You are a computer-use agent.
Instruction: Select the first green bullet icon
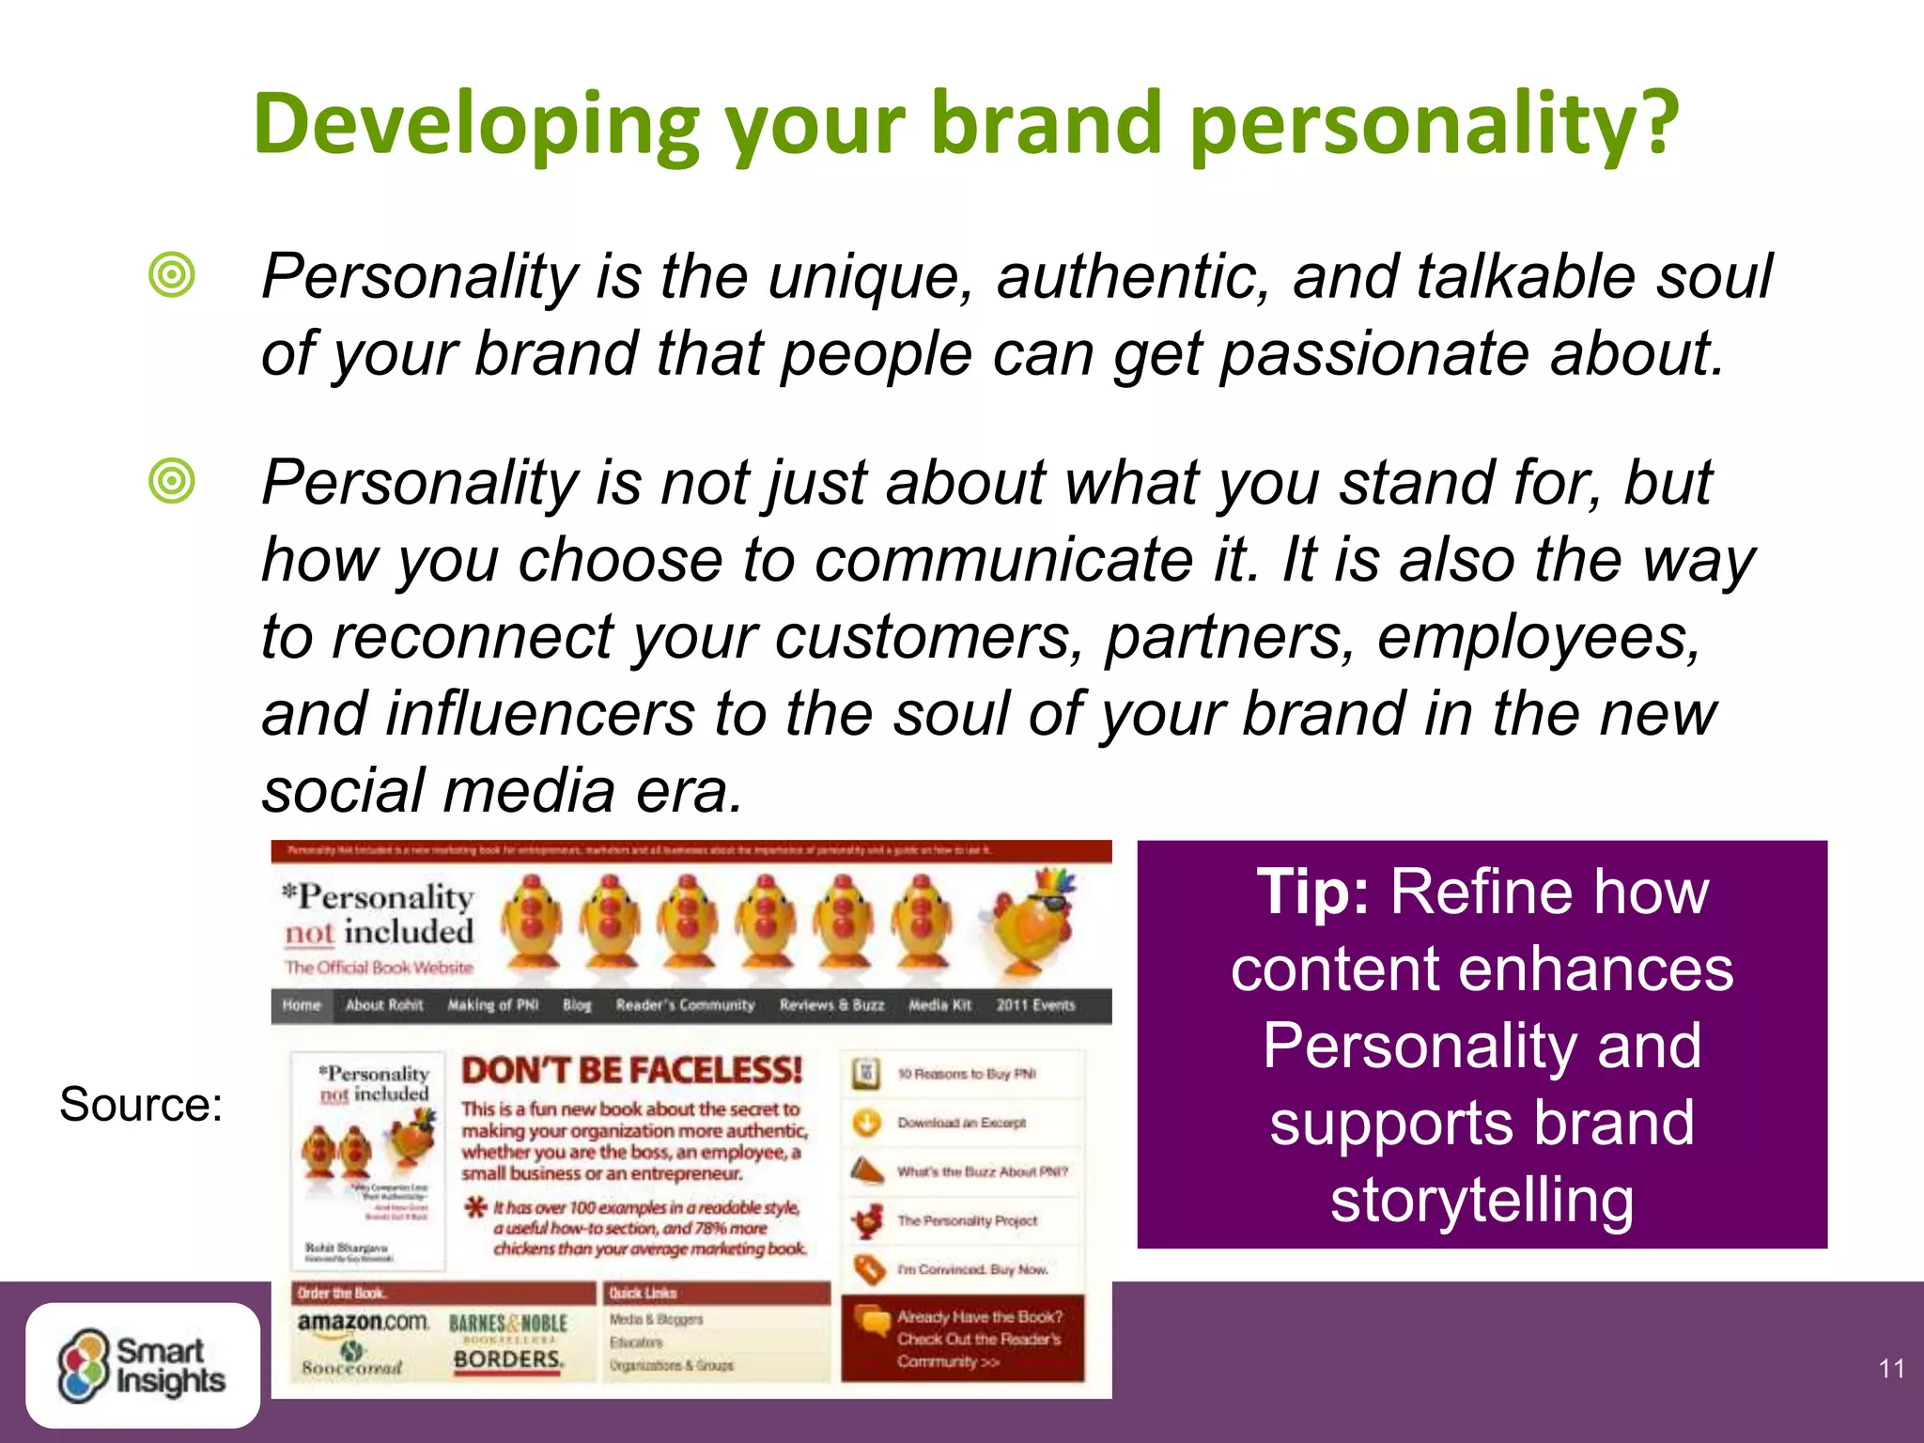(x=172, y=276)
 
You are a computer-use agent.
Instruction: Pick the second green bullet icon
(x=172, y=482)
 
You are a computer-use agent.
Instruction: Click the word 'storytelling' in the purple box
(x=1482, y=1200)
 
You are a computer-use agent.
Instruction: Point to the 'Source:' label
(x=141, y=1104)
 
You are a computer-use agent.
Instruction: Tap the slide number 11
(x=1891, y=1369)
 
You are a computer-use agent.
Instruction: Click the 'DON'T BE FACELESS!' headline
(x=631, y=1070)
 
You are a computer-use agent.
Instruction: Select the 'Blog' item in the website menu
(x=577, y=1005)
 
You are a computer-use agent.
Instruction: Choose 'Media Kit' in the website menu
(x=939, y=1005)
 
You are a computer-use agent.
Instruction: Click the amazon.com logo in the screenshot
(x=363, y=1322)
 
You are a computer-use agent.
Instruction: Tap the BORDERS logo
(x=508, y=1359)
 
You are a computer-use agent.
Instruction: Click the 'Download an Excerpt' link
(x=961, y=1123)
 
